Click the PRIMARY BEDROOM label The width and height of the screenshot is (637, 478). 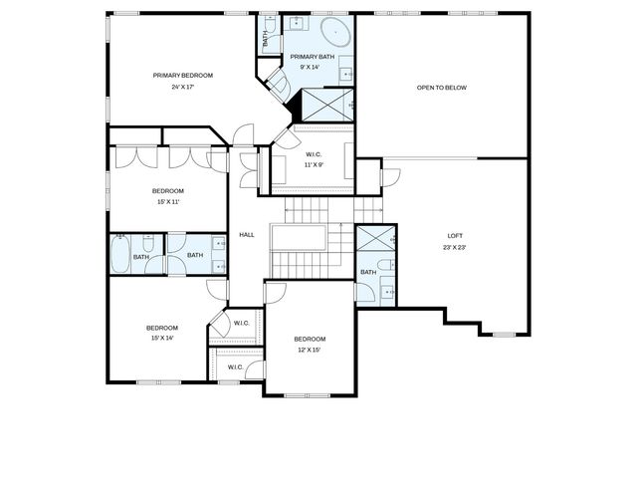tap(182, 76)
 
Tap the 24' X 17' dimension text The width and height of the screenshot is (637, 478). tap(182, 87)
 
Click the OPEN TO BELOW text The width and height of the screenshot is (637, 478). tap(441, 88)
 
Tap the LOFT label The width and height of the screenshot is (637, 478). tap(456, 236)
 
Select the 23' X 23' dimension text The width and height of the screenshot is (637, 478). tap(456, 247)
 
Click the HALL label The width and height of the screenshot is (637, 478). tap(247, 235)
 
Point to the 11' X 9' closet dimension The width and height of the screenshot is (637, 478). tap(314, 164)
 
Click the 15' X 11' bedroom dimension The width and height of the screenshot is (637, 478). tap(167, 201)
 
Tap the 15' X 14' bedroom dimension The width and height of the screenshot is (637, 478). tap(161, 339)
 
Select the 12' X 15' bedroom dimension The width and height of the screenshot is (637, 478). tap(309, 350)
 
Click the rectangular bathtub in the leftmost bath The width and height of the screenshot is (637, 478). tap(120, 254)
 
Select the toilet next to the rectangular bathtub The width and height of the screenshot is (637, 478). tap(146, 243)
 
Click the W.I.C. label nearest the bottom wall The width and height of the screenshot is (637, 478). tap(235, 367)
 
